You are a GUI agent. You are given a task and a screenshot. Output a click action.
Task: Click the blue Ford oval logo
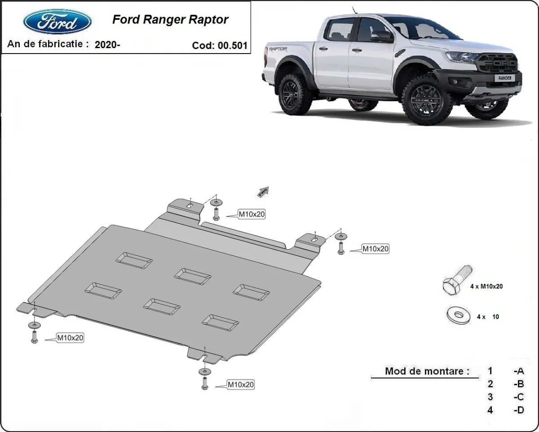(x=57, y=21)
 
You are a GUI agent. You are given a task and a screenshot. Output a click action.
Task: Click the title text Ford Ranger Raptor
(x=170, y=19)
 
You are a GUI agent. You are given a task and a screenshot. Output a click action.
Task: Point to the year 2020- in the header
(x=107, y=45)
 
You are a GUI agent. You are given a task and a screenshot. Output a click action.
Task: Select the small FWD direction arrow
(x=263, y=192)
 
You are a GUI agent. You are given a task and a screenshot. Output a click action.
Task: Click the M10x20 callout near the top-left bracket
(x=252, y=215)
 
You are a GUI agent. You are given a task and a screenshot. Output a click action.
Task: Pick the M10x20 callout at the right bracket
(x=376, y=248)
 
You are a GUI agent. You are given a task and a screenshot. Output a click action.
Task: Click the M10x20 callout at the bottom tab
(x=241, y=385)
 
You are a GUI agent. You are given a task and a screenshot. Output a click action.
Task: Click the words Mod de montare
(x=427, y=371)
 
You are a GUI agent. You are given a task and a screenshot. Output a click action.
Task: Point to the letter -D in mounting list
(x=519, y=410)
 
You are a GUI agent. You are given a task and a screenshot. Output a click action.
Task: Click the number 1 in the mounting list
(x=490, y=371)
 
